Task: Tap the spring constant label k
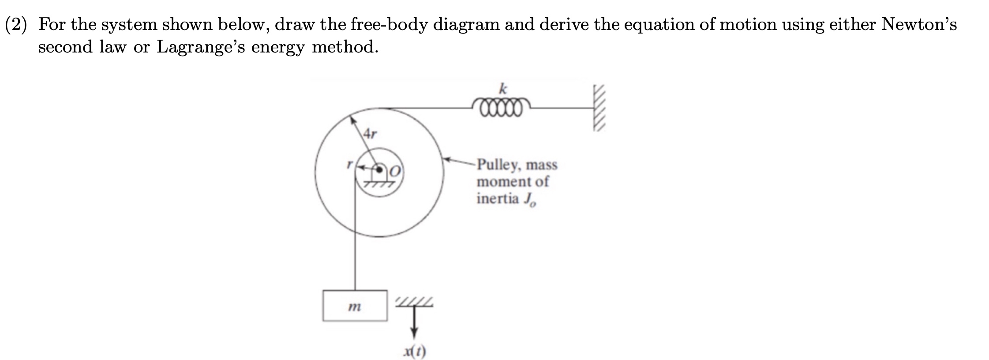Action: coord(502,89)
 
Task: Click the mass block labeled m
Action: coord(355,305)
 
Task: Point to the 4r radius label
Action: coord(370,133)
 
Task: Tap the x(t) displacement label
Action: coord(414,352)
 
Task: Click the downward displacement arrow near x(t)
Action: coord(414,326)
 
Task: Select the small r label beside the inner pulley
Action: coord(349,165)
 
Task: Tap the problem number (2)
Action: coord(16,25)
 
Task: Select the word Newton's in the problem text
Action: coord(919,25)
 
